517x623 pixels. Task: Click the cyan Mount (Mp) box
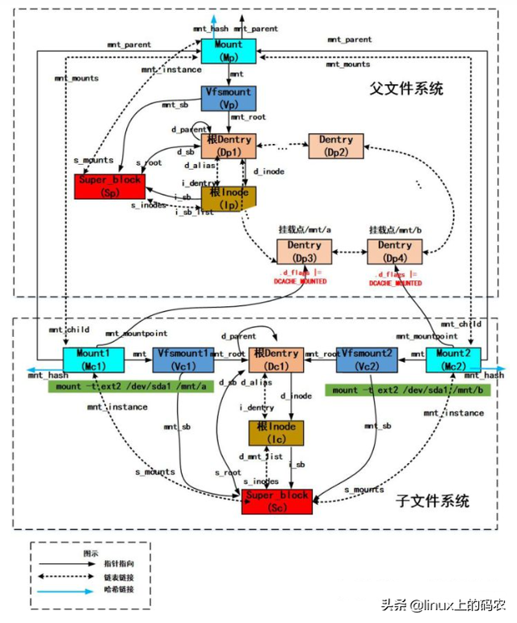tap(229, 50)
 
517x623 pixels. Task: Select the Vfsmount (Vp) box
tap(229, 99)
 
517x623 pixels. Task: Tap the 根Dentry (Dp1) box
tap(229, 146)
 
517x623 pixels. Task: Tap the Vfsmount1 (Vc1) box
tap(183, 360)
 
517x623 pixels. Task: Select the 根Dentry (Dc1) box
tap(275, 360)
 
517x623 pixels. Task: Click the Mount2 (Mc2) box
tap(453, 360)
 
